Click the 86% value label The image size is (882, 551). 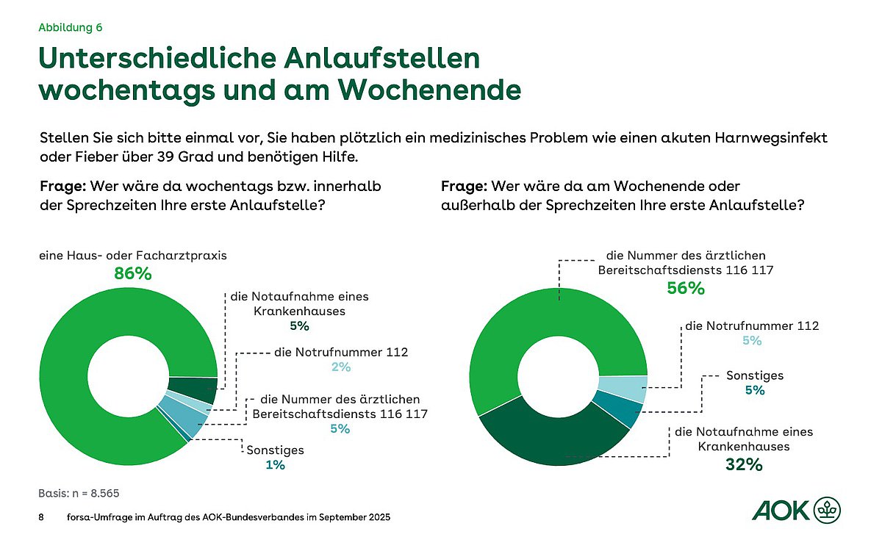[132, 274]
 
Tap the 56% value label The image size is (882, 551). [685, 289]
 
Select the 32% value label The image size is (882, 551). [743, 464]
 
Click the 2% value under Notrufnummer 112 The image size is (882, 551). [340, 367]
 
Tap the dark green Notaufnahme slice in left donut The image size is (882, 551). [192, 389]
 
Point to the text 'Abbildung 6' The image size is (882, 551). [70, 28]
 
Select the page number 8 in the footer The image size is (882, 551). [41, 517]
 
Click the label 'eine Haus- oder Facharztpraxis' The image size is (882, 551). [132, 256]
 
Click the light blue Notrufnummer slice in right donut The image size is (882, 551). [622, 388]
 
